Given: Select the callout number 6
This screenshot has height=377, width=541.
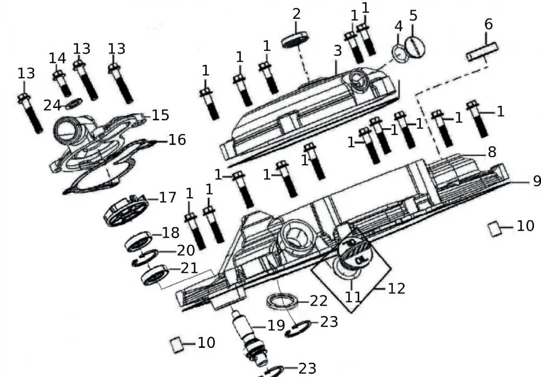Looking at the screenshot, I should point(489,24).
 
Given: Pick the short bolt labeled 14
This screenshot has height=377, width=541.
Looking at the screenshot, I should point(60,81).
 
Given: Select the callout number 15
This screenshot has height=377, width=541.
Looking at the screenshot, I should point(160,115).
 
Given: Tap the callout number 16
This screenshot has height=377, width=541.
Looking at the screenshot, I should point(177,140).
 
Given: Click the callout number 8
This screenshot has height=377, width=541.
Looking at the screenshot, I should point(491,152).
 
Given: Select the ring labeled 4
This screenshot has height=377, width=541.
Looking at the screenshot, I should point(401,53).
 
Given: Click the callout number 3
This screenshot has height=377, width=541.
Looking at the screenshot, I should point(338,51).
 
